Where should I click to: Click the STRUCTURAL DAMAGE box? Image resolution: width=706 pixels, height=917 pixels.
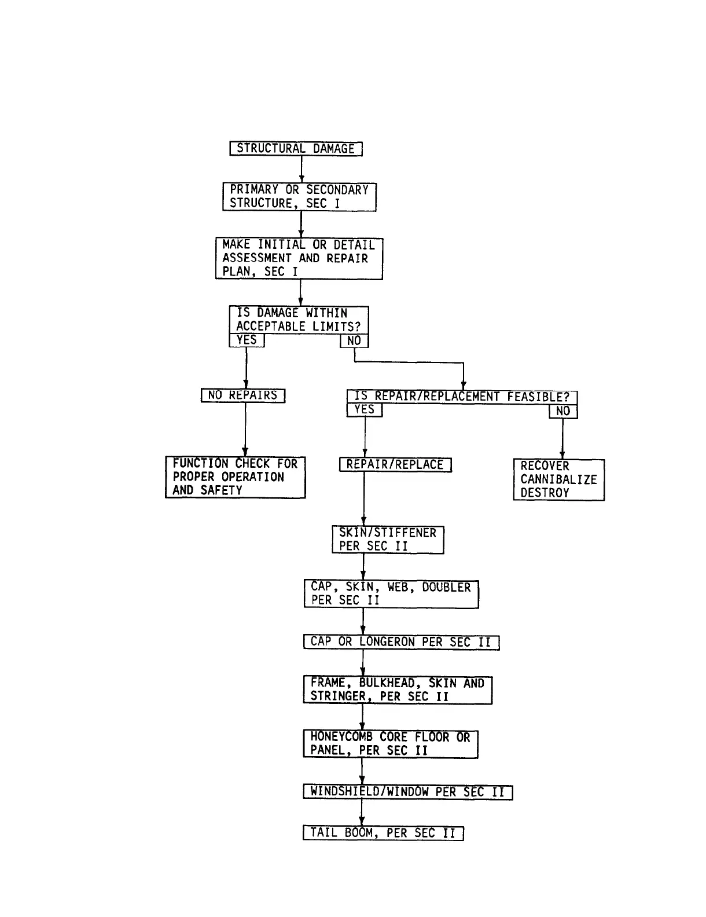coord(296,149)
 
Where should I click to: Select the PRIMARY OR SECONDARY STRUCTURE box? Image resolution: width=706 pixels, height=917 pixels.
coord(299,197)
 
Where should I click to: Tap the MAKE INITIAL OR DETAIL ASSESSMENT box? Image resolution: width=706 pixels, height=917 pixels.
coord(299,258)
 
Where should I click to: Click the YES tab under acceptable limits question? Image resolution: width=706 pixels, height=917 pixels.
coord(247,340)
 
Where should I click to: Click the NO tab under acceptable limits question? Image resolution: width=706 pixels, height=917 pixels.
coord(354,341)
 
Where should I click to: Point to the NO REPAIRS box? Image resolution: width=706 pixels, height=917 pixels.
coord(243,395)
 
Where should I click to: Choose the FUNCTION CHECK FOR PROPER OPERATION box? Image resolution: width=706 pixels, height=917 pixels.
coord(235,477)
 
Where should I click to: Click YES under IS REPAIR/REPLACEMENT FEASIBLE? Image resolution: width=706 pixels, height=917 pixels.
coord(365,410)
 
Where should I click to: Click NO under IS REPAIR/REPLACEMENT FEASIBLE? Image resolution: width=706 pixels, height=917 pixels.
coord(563,411)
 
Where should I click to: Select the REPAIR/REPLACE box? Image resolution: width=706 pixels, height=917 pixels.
coord(395,465)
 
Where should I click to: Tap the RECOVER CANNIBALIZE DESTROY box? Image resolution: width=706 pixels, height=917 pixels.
coord(558,479)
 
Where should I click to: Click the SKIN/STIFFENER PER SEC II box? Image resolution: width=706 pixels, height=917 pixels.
coord(388,540)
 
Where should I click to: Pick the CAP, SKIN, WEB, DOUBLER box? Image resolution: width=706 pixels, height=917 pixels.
coord(391,594)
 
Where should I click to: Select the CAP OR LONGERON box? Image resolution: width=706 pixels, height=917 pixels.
coord(400,642)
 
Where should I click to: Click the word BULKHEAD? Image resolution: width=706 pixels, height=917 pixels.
coord(387,683)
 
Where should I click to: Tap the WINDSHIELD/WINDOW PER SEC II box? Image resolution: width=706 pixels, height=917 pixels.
coord(407,792)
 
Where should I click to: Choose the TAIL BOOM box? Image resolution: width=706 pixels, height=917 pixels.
coord(383,833)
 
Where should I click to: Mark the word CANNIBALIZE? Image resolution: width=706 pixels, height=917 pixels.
coord(558,479)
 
